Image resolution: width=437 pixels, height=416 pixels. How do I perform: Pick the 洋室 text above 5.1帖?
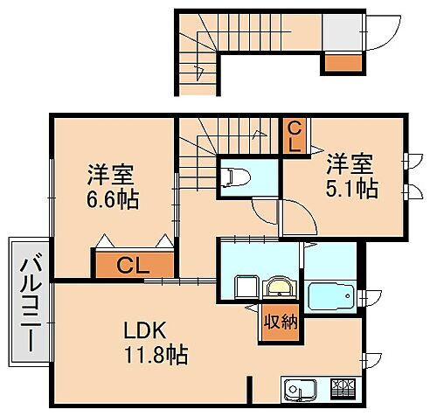pyautogui.click(x=351, y=163)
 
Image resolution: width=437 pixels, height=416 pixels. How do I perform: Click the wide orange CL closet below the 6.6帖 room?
pyautogui.click(x=132, y=264)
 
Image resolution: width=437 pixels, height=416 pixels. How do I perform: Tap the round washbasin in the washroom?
pyautogui.click(x=280, y=288)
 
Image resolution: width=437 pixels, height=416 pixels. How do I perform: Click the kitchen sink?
pyautogui.click(x=300, y=387)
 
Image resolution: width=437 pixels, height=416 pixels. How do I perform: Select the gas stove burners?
pyautogui.click(x=343, y=386)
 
